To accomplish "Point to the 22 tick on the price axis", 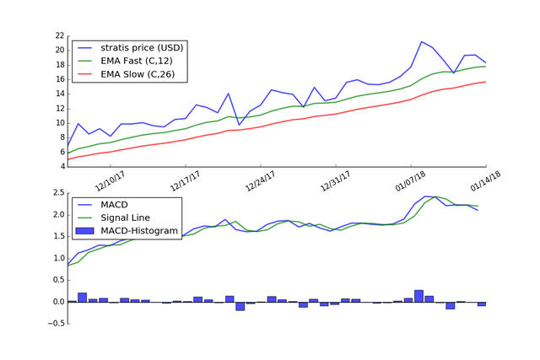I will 59,35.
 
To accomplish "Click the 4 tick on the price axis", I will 61,166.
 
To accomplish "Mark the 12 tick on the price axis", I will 59,108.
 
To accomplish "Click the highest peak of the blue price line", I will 422,41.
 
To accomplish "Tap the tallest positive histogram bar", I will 418,295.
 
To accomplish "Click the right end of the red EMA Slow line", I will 485,82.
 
